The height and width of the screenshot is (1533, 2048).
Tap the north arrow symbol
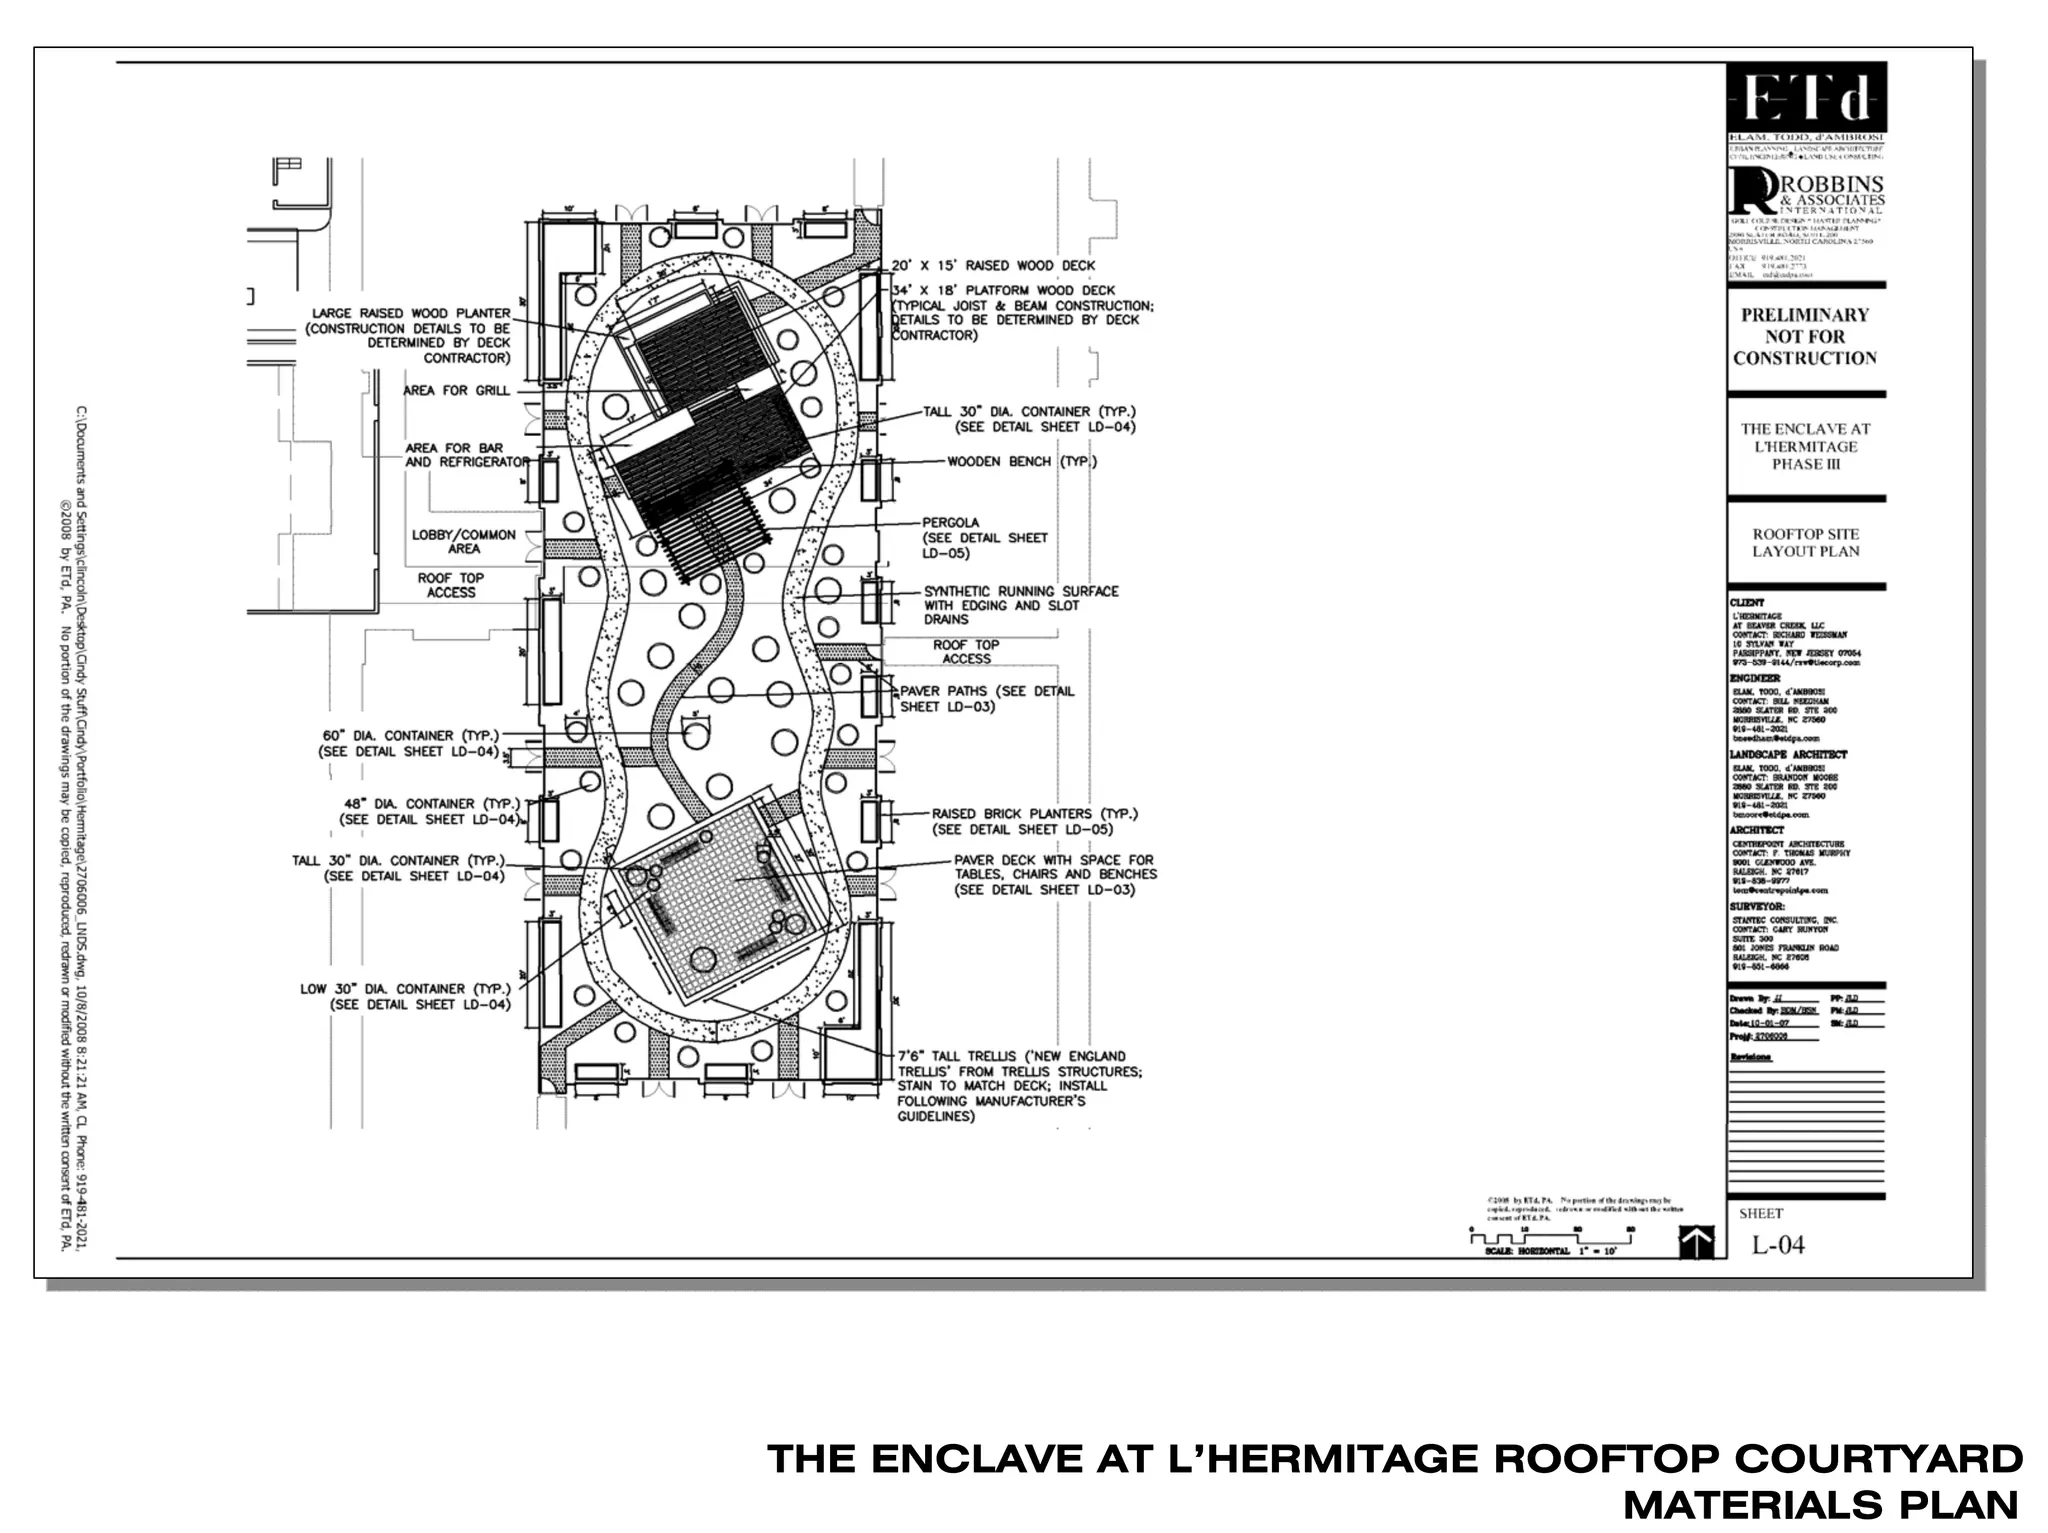1696,1243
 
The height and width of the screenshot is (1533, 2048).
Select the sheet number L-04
1778,1245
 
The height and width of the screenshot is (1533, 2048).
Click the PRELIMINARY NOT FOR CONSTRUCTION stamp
1805,337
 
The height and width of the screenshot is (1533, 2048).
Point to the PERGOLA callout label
950,522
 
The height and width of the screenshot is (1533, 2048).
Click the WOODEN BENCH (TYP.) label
1021,462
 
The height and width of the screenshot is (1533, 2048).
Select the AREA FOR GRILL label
456,391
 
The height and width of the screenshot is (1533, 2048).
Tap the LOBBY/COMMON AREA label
464,542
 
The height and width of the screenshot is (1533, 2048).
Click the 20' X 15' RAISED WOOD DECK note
993,266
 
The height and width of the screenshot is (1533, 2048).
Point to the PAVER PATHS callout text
987,698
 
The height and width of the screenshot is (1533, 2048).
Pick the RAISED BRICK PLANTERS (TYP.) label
1034,821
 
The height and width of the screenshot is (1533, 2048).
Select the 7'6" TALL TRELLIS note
1017,1086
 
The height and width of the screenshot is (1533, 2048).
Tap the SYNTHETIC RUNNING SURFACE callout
1020,605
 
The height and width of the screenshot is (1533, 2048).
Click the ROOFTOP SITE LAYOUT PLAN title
1805,543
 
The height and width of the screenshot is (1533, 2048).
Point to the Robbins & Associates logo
1806,195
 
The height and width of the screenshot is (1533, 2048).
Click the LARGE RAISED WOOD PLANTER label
410,335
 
